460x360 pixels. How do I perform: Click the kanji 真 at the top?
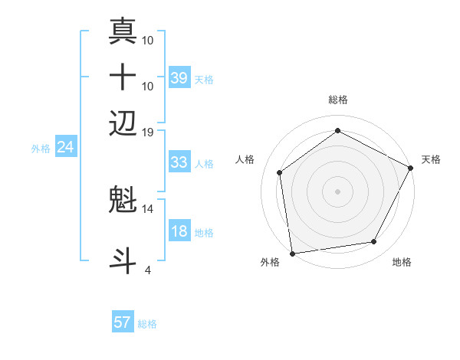123,32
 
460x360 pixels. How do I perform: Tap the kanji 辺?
123,123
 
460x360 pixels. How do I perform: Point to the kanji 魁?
123,201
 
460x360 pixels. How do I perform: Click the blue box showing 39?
179,78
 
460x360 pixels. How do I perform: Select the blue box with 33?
179,162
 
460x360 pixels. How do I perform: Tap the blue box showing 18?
179,231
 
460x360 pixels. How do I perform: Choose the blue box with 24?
66,146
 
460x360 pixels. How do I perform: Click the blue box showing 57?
123,322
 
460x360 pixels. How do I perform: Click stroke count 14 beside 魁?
149,208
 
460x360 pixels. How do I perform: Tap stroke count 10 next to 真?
149,39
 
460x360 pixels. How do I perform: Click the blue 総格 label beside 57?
147,324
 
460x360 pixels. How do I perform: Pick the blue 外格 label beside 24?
41,149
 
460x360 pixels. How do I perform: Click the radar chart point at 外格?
292,253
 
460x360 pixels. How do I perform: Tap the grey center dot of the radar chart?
337,191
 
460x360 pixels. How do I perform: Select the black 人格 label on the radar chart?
245,159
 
